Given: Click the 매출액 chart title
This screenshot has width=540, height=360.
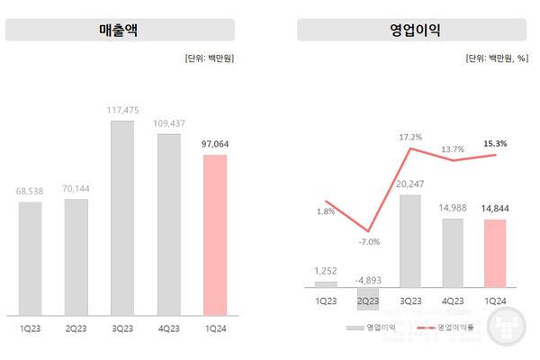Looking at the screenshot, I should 120,31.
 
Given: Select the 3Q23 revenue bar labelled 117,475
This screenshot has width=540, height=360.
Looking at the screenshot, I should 122,217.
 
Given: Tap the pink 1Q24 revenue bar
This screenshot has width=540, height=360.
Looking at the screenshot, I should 215,235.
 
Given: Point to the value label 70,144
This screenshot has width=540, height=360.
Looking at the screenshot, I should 76,188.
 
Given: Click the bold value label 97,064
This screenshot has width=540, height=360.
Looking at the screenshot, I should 215,143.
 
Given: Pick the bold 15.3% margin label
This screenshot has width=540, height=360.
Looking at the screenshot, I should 495,143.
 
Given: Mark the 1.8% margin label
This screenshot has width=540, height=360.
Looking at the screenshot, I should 327,212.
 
